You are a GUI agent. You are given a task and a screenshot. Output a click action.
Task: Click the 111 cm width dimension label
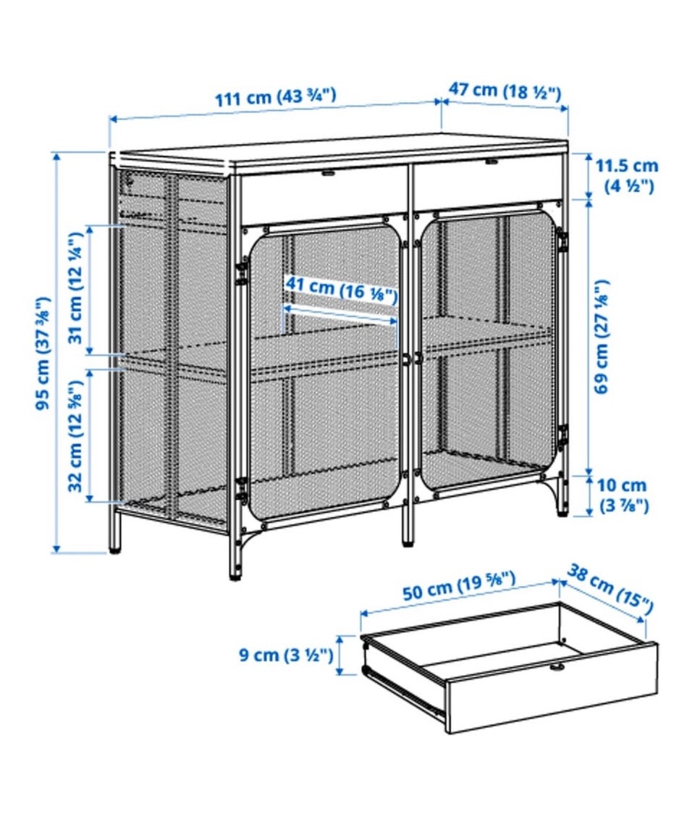[x=275, y=97]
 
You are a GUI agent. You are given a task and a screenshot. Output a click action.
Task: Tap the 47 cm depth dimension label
[x=505, y=91]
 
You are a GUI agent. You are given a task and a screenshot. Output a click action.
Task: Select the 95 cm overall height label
[x=43, y=353]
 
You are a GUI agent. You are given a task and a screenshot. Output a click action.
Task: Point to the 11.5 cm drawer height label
[x=626, y=176]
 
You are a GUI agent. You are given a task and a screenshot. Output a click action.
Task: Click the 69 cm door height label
[x=602, y=336]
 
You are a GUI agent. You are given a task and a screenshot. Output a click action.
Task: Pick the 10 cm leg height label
[x=624, y=495]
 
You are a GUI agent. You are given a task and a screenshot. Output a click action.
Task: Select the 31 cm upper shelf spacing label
[x=76, y=288]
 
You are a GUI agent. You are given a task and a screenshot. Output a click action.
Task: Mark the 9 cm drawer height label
[x=287, y=655]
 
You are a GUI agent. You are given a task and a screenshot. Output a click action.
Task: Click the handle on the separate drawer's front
[x=556, y=667]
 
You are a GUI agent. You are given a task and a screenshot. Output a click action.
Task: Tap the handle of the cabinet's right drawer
[x=492, y=162]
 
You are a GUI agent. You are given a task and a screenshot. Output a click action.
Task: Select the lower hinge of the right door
[x=563, y=435]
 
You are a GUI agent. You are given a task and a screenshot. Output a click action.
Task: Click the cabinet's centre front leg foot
[x=408, y=540]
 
